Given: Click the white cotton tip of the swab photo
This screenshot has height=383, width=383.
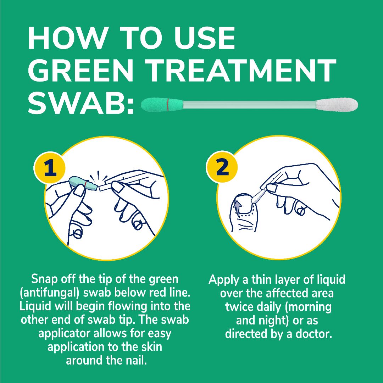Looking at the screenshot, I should [337, 105].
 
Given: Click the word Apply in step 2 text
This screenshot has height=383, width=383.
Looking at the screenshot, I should [223, 280].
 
